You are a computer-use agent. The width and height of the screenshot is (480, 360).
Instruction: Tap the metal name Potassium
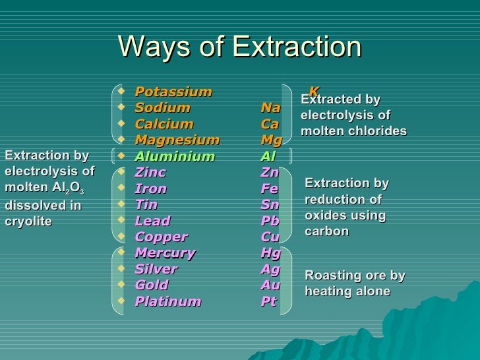[x=173, y=92]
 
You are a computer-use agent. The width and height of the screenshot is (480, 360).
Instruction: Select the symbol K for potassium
[x=315, y=91]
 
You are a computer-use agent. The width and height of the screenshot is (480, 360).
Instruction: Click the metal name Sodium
[x=162, y=107]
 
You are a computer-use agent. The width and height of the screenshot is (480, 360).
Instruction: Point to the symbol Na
[x=270, y=107]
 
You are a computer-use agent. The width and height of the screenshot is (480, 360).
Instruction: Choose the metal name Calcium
[x=164, y=124]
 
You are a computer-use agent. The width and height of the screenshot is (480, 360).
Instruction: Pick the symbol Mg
[x=271, y=140]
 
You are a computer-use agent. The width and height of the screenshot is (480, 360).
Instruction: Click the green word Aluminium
[x=174, y=156]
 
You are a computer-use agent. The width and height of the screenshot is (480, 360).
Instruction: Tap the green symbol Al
[x=268, y=156]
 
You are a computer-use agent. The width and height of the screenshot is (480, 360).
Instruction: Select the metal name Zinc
[x=150, y=173]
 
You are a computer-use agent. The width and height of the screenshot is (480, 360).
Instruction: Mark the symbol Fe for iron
[x=269, y=189]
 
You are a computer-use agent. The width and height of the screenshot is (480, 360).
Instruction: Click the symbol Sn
[x=270, y=204]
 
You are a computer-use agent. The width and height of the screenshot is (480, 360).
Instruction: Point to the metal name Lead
[x=152, y=221]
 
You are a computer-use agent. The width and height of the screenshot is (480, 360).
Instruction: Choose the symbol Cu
[x=270, y=237]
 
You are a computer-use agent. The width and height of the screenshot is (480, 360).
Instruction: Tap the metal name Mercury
[x=164, y=253]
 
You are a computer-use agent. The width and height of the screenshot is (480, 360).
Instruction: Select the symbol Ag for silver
[x=270, y=269]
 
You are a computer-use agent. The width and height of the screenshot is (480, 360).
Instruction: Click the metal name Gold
[x=151, y=285]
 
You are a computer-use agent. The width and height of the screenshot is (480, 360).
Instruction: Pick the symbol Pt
[x=269, y=301]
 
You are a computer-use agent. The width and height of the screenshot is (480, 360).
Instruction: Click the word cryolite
[x=28, y=221]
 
